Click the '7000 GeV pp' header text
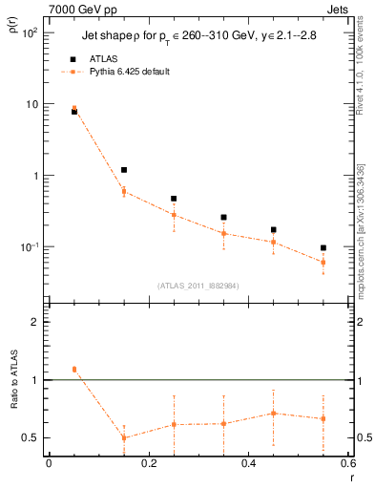pos(83,9)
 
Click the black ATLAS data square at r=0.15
pos(124,170)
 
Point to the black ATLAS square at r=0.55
pos(323,248)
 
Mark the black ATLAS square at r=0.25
pos(174,199)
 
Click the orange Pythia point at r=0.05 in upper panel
pos(74,109)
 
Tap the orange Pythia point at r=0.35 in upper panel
pos(223,233)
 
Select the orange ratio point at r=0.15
pos(124,437)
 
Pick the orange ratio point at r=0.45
pos(274,414)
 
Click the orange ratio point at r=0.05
pos(74,370)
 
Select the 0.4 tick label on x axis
pos(247,464)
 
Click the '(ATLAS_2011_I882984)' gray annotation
pos(198,286)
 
